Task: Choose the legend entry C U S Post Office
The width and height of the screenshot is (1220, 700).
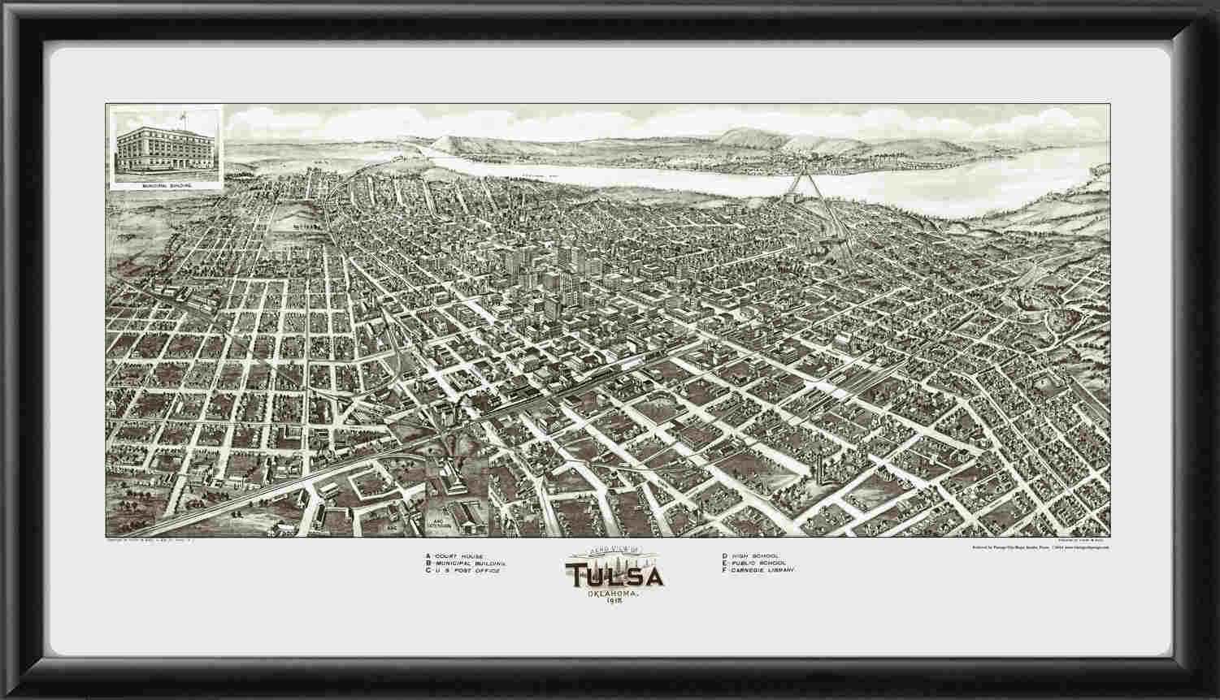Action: point(462,572)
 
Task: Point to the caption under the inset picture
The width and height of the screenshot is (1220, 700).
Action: point(165,185)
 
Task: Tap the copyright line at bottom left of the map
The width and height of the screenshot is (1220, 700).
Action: point(163,540)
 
